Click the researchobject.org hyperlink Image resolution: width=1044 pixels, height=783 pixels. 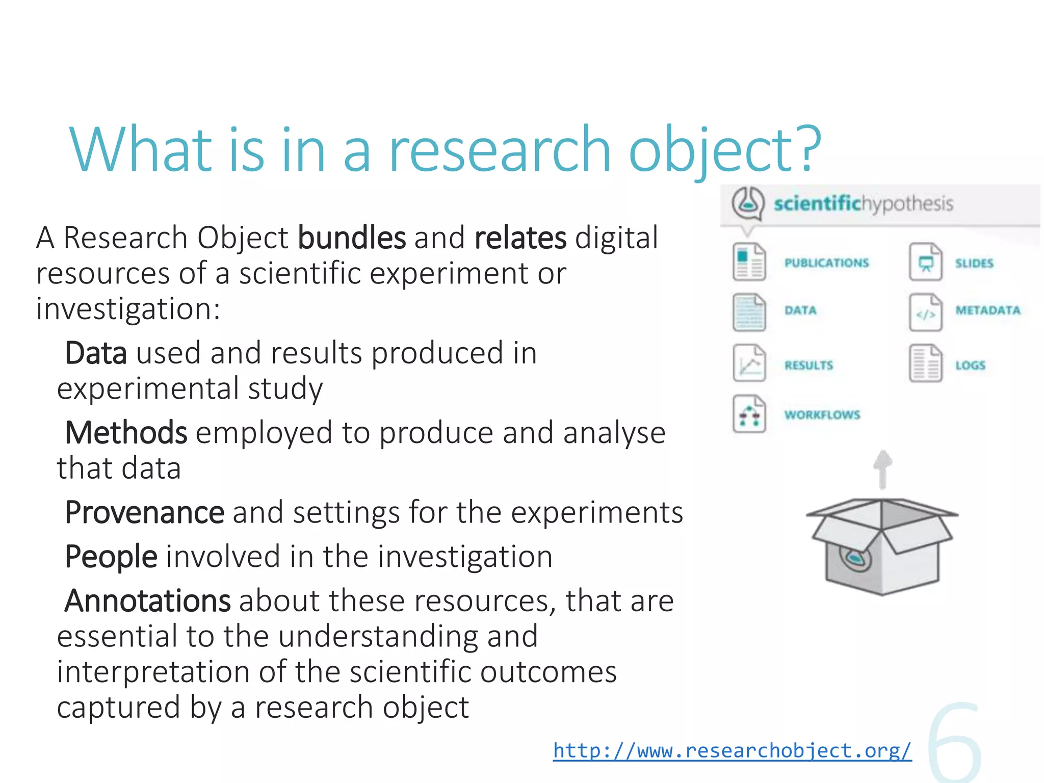coord(732,751)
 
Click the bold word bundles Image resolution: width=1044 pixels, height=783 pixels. coord(352,238)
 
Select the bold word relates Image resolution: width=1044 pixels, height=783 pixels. coord(520,238)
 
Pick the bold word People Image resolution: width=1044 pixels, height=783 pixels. coord(111,556)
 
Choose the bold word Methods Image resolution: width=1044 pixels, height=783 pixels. coord(126,433)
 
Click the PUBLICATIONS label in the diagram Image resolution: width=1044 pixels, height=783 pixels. coord(826,263)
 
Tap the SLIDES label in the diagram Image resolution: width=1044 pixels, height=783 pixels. coord(974,264)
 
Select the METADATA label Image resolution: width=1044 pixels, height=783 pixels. coord(988,310)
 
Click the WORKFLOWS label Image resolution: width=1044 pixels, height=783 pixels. coord(822,415)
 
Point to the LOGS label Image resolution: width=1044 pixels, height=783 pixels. coord(970,366)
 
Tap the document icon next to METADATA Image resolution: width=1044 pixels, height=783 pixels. coord(925,312)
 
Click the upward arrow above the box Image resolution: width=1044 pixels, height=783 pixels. coord(882,469)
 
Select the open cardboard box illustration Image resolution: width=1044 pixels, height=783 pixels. coord(882,545)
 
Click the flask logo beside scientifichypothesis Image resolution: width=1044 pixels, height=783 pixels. coord(748,203)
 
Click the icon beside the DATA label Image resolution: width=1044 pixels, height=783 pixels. coord(749,312)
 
